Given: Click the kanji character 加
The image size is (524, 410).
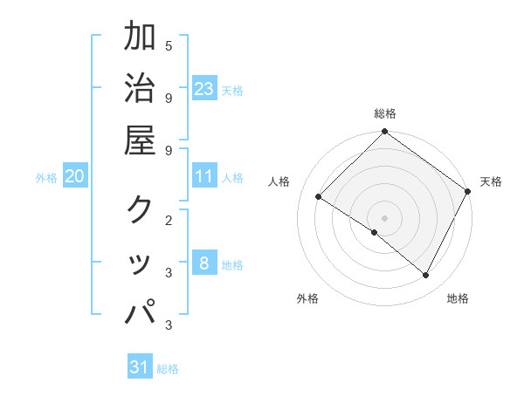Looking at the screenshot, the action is tap(140, 37).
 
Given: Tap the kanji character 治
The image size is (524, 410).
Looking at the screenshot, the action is tap(140, 89).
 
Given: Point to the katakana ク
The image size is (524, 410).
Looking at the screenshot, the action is tap(140, 209).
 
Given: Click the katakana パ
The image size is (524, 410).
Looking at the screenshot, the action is tap(140, 311).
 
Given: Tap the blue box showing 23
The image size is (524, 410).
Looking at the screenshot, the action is tap(204, 88).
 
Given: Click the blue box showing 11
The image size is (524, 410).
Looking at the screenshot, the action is tap(204, 176).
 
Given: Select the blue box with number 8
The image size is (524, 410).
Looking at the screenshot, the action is tap(204, 263).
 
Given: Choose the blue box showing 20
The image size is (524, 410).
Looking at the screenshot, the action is tap(74, 176).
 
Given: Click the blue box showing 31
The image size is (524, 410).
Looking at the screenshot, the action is tap(140, 367).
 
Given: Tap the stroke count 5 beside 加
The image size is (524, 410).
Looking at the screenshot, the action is tap(169, 45).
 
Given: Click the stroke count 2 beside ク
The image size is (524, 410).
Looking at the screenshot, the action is tap(169, 220).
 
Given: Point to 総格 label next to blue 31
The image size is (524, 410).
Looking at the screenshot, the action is tap(168, 369).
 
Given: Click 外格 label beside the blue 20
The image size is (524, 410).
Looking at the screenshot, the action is tap(46, 178).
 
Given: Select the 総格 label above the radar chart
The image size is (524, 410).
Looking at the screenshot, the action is tap(385, 113).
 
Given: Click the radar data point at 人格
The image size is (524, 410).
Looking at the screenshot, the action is tap(319, 197).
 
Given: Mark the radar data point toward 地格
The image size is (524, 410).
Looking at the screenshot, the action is tap(426, 276).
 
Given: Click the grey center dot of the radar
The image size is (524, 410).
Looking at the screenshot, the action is tap(385, 217).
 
